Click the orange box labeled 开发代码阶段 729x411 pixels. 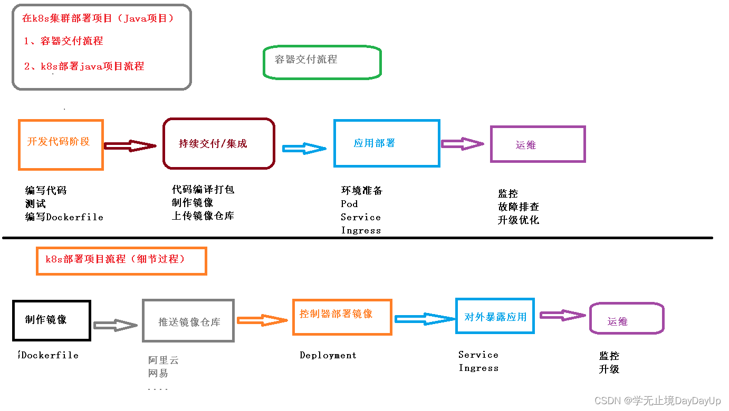[x=61, y=145]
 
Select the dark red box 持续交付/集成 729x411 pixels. [x=218, y=144]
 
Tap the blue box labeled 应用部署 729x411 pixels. [x=386, y=143]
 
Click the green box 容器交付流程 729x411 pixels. [x=322, y=63]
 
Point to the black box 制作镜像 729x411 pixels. [x=52, y=320]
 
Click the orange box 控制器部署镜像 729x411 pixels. [x=342, y=317]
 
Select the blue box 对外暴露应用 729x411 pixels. [x=495, y=316]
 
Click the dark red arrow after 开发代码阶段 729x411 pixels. [x=131, y=146]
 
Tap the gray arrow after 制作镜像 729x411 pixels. [x=116, y=325]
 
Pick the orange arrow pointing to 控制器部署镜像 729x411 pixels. [x=262, y=320]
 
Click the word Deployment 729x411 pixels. [x=328, y=356]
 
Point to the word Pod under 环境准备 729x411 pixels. [x=349, y=204]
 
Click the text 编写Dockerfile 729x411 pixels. [x=64, y=217]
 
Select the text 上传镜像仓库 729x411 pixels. [x=203, y=216]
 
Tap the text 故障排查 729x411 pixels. [x=518, y=207]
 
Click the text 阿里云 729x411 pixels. [x=164, y=360]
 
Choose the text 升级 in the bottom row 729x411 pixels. [x=609, y=369]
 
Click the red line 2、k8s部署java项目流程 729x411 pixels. [x=84, y=66]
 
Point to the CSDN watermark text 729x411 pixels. [x=657, y=401]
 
